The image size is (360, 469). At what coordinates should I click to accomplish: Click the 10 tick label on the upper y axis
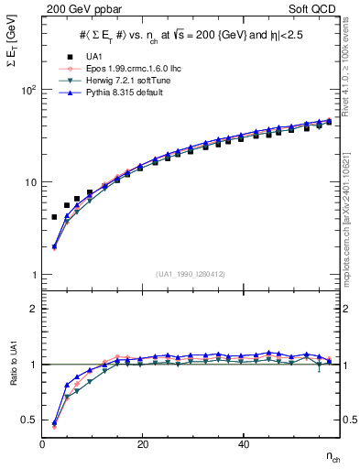[x=29, y=182]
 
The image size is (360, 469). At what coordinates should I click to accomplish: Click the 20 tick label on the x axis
[x=142, y=444]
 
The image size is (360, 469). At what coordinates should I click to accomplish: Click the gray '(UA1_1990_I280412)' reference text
[x=190, y=273]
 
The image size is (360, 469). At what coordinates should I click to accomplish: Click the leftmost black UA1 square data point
[x=54, y=217]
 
